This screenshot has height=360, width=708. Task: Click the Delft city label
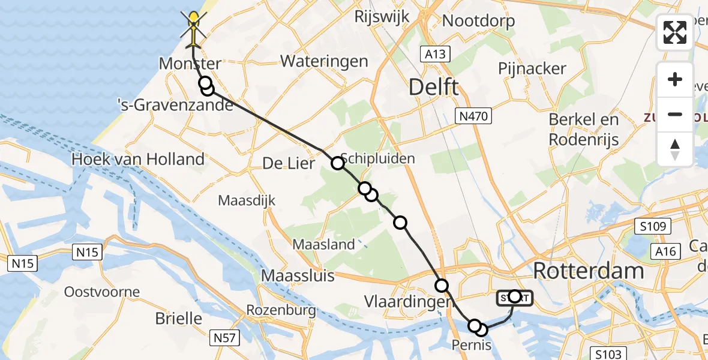pyautogui.click(x=434, y=87)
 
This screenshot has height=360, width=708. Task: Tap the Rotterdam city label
pyautogui.click(x=588, y=271)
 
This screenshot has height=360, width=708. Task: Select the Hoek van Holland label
pyautogui.click(x=137, y=159)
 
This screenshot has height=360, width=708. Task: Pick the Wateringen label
pyautogui.click(x=323, y=61)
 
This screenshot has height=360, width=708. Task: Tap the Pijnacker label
pyautogui.click(x=532, y=68)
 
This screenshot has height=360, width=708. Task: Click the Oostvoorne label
pyautogui.click(x=102, y=293)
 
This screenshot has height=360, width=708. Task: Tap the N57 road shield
pyautogui.click(x=226, y=337)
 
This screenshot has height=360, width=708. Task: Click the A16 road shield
pyautogui.click(x=667, y=251)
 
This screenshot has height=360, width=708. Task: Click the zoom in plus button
pyautogui.click(x=675, y=79)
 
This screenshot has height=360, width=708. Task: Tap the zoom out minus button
pyautogui.click(x=675, y=114)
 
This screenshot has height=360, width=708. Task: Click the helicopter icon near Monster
pyautogui.click(x=193, y=29)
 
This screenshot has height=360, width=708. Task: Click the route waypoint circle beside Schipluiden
pyautogui.click(x=338, y=163)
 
